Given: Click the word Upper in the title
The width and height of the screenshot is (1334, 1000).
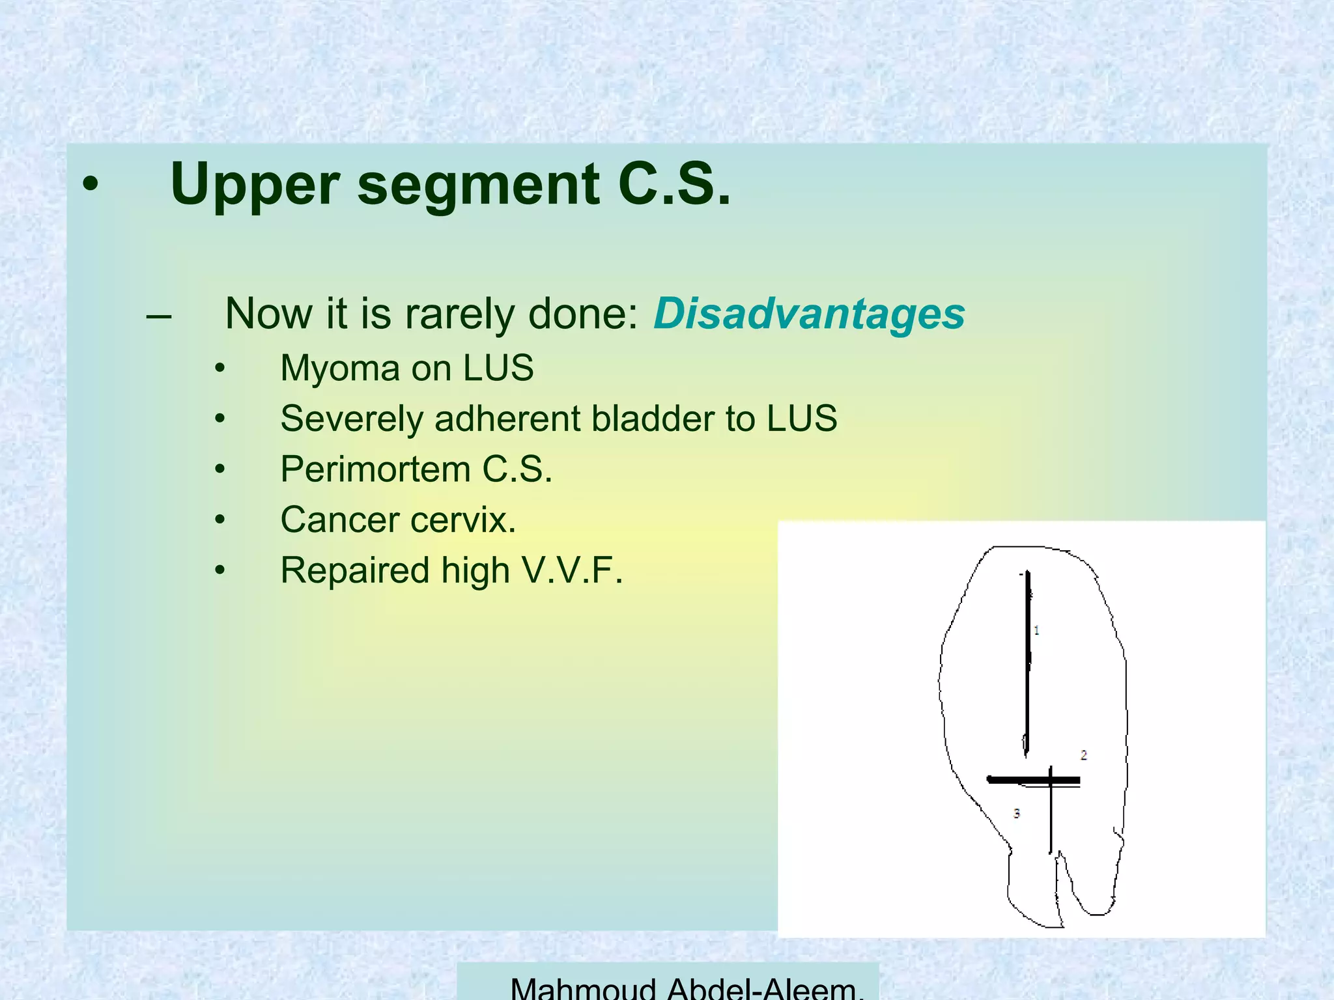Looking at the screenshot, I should (255, 186).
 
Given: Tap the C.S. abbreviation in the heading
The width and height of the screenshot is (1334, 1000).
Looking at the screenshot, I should (674, 184).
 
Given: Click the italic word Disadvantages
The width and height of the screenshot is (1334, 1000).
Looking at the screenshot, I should (809, 314).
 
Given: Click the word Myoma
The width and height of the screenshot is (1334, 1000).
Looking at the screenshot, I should (339, 369).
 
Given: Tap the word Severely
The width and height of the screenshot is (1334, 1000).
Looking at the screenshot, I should (352, 419).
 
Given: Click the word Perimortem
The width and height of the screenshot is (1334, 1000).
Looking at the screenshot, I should (375, 469).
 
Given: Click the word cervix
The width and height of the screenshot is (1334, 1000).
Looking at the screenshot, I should (463, 520).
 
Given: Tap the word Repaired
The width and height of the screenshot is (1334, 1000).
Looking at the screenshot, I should (354, 570).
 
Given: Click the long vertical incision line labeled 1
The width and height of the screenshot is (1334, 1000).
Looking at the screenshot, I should (1027, 664).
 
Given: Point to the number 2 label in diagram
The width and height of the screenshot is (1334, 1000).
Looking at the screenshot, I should (1084, 755).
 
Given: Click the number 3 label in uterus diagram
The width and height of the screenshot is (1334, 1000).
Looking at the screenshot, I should (1016, 813).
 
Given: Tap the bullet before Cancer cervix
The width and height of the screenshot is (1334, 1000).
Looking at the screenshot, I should (220, 520).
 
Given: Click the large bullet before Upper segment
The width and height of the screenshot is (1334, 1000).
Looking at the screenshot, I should (91, 186).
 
